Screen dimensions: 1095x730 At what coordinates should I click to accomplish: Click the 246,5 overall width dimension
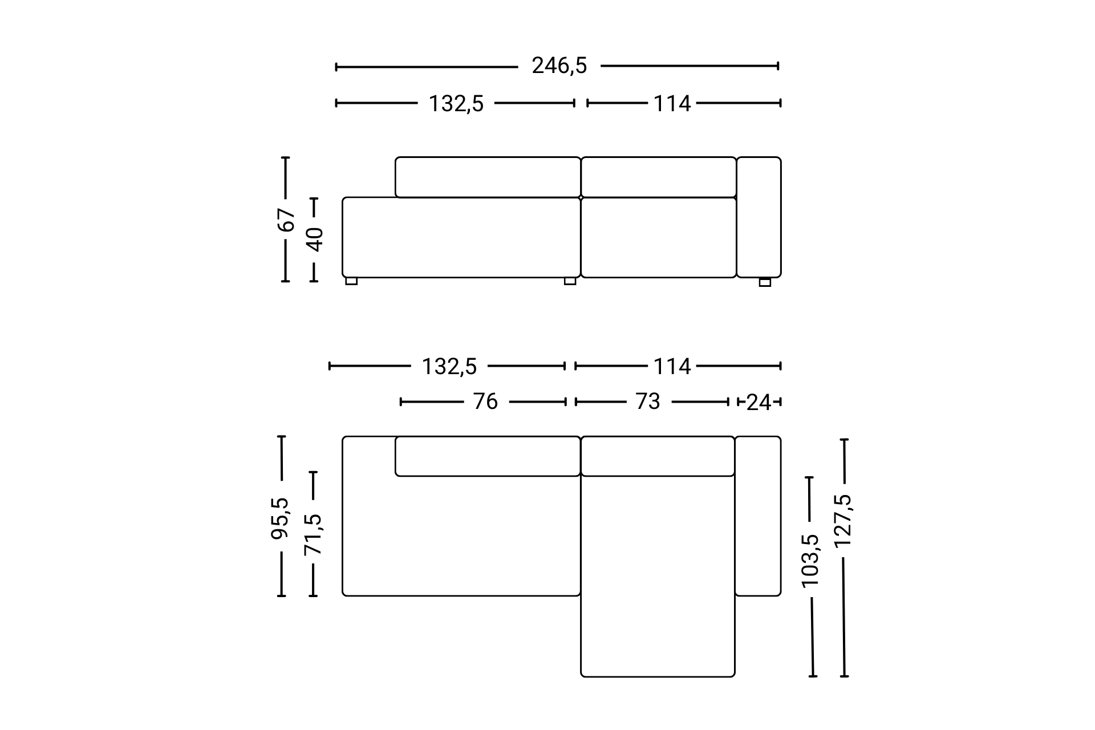pyautogui.click(x=559, y=66)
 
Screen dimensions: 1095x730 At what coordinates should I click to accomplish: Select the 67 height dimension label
pyautogui.click(x=286, y=220)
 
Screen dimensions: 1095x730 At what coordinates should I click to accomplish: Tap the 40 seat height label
pyautogui.click(x=314, y=240)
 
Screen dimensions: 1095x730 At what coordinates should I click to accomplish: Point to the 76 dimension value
pyautogui.click(x=485, y=402)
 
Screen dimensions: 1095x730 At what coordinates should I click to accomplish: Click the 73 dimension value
pyautogui.click(x=648, y=402)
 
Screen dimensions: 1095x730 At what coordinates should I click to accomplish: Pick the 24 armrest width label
pyautogui.click(x=759, y=403)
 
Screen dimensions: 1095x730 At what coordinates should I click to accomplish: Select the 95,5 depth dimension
pyautogui.click(x=280, y=518)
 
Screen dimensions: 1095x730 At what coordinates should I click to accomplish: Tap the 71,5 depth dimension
pyautogui.click(x=313, y=535)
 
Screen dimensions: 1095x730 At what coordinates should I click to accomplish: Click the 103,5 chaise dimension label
pyautogui.click(x=810, y=561)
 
